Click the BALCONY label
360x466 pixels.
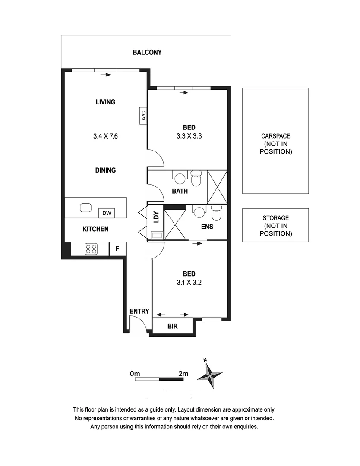click(x=147, y=53)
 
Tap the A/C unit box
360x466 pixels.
click(x=144, y=116)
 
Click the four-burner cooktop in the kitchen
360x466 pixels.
click(x=91, y=249)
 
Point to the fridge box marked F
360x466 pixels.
click(x=117, y=249)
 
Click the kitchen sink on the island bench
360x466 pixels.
click(x=85, y=208)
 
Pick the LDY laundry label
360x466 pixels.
click(x=156, y=216)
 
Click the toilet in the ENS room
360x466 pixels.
click(x=217, y=212)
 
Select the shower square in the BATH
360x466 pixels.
click(x=217, y=187)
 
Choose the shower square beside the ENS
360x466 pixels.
click(x=175, y=224)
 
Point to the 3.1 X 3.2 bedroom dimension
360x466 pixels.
click(x=189, y=283)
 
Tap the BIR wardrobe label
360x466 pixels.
click(x=173, y=327)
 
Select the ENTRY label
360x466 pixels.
click(x=139, y=311)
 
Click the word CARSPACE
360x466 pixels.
click(x=275, y=136)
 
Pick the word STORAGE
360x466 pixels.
click(x=275, y=218)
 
